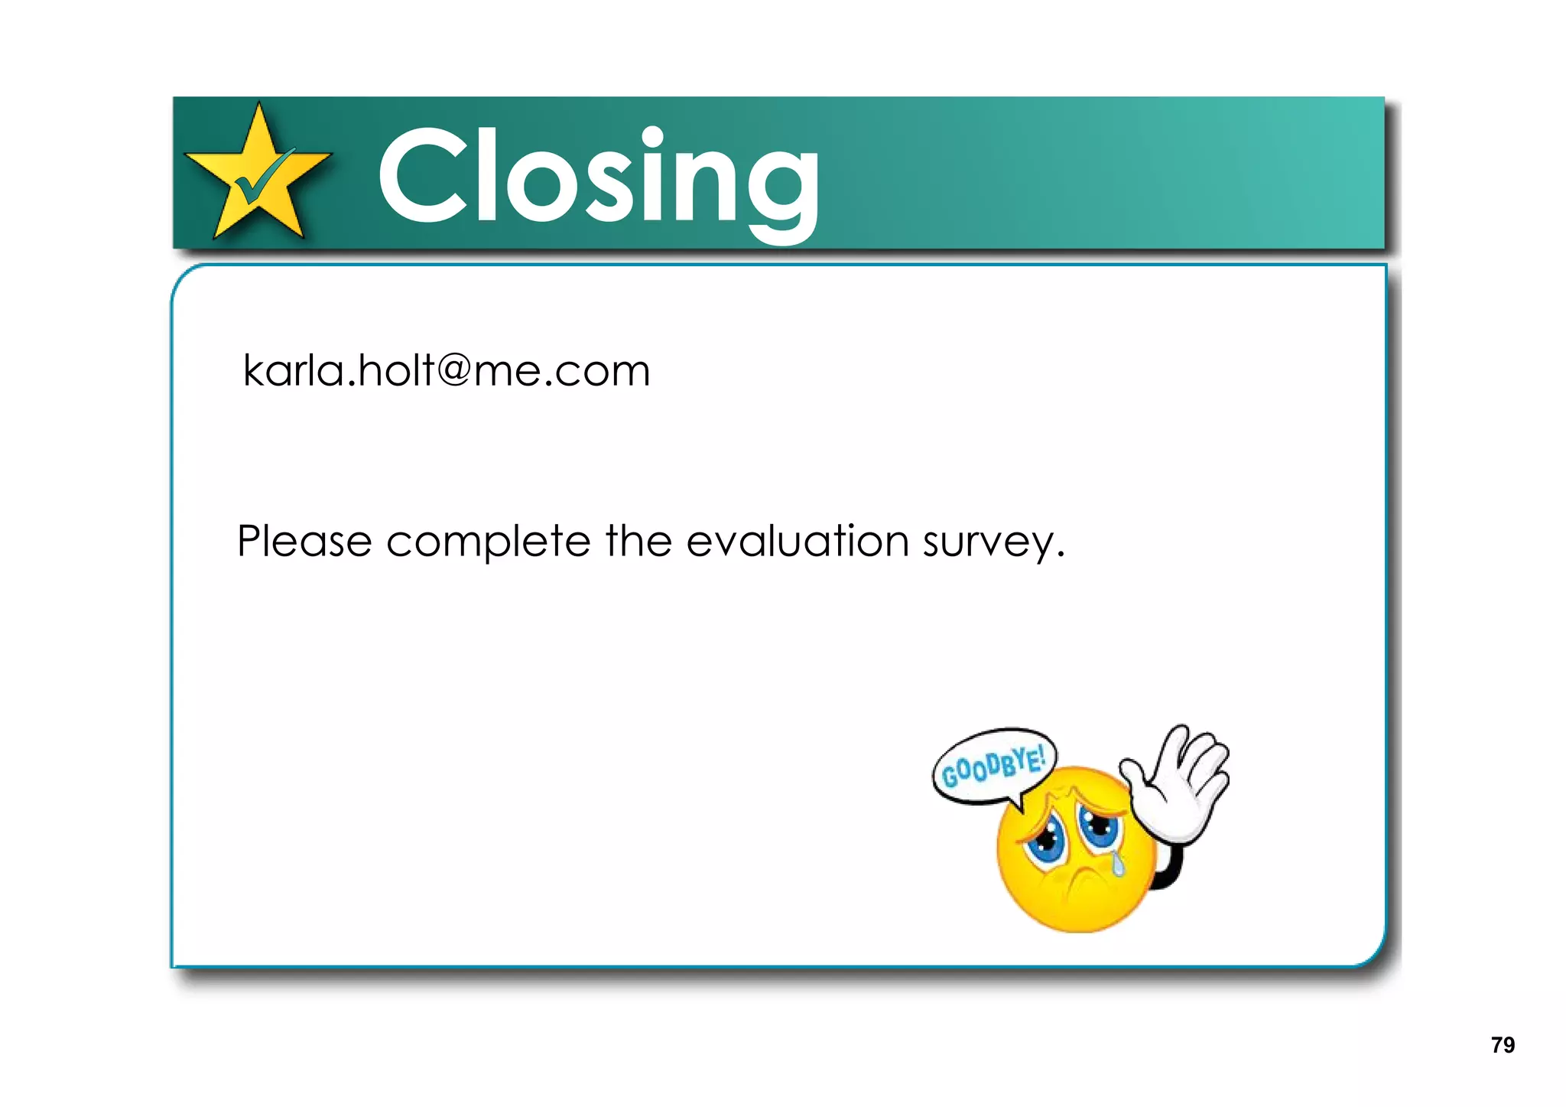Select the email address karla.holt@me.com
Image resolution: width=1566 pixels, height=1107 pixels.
[446, 371]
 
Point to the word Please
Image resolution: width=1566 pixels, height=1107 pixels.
[304, 542]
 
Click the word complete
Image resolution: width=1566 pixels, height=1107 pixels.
[488, 542]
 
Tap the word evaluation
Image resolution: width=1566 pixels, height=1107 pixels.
[798, 542]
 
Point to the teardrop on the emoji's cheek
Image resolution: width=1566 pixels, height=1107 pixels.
[1118, 865]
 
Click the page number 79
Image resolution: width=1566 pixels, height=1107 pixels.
[1503, 1045]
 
